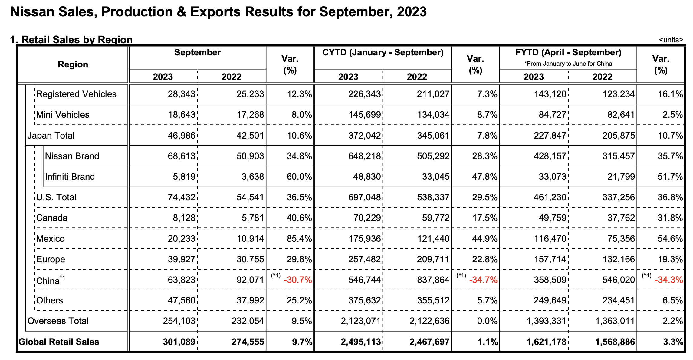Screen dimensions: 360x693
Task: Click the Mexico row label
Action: [51, 239]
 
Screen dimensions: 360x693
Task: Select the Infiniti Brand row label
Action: [70, 177]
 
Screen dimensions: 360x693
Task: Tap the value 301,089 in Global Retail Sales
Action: [179, 342]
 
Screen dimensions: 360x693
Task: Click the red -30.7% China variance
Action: [298, 280]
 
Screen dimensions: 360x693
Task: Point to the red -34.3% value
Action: [668, 280]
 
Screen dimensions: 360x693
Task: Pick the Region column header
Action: [73, 64]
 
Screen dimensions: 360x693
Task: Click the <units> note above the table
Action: [671, 40]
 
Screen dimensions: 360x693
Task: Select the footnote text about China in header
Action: [568, 64]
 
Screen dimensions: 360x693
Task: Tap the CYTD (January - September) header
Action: [383, 53]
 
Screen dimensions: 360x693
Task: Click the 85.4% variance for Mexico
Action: [299, 239]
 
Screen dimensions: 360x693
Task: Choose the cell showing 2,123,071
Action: [361, 321]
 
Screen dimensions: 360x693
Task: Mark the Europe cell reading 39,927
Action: [182, 259]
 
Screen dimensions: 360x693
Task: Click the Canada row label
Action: [52, 218]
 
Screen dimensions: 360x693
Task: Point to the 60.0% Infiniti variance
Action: [299, 177]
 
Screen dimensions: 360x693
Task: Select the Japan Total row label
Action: [51, 136]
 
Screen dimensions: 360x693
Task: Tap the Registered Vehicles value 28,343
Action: [182, 94]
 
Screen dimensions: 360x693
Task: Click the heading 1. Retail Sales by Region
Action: [71, 40]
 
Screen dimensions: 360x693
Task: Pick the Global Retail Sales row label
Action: [59, 342]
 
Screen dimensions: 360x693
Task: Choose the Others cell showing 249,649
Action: [550, 300]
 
